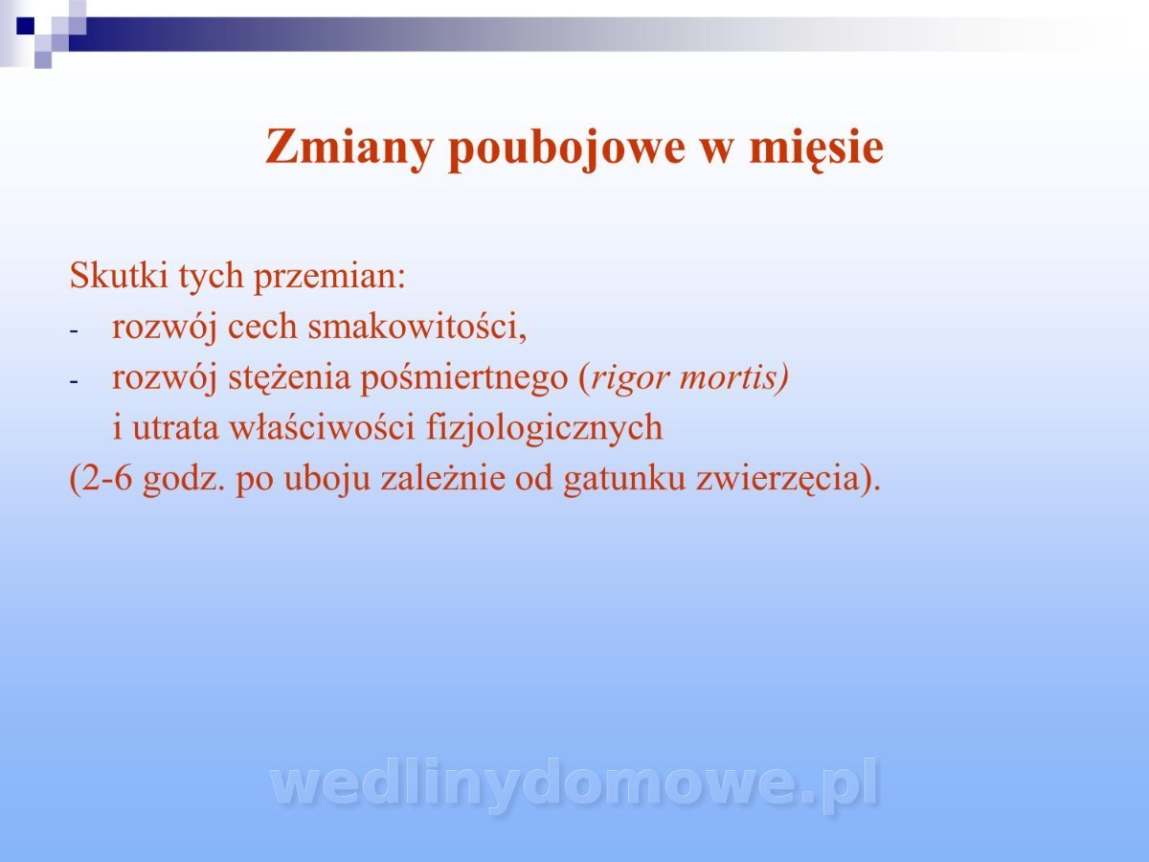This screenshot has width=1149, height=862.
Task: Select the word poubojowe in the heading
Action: coord(567,149)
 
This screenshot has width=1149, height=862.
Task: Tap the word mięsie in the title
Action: coord(817,149)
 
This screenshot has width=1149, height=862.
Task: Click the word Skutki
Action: coord(119,275)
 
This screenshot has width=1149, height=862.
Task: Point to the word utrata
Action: coord(175,428)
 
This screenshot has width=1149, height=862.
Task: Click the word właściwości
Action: coord(323,426)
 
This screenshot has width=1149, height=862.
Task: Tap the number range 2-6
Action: coord(107,478)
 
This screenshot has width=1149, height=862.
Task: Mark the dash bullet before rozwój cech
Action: coord(74,331)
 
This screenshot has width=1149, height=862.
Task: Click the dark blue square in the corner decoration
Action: coord(26,26)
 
